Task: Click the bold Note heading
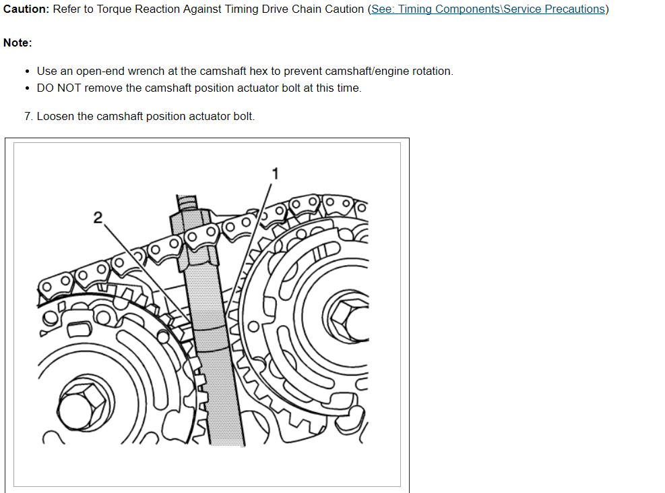18,42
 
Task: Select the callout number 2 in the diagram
98,217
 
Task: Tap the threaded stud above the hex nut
186,202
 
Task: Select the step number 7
28,117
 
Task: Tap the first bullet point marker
27,71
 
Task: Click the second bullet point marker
27,88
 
